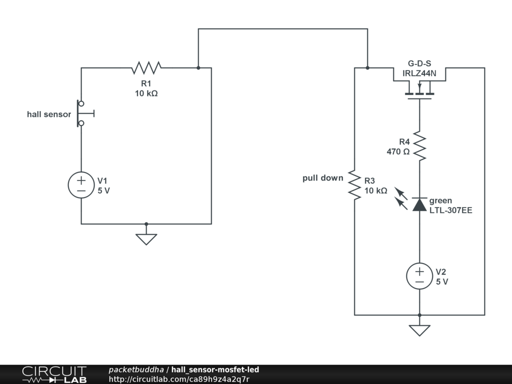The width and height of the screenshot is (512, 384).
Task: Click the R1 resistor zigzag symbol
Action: [x=146, y=67]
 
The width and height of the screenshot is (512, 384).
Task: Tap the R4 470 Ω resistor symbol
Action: [x=419, y=146]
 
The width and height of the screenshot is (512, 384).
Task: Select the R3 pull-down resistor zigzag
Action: [x=354, y=184]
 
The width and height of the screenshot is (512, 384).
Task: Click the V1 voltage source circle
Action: [x=81, y=185]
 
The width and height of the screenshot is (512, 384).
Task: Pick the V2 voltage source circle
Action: [x=419, y=276]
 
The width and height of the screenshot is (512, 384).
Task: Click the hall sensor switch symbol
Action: [x=83, y=113]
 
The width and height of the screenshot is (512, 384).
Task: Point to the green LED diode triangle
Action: [x=419, y=204]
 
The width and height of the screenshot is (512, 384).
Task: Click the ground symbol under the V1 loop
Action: [x=146, y=239]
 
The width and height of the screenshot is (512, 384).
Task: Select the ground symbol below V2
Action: [x=419, y=330]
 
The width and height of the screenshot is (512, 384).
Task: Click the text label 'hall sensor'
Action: [x=49, y=114]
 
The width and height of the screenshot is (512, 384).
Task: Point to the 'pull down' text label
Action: [x=323, y=178]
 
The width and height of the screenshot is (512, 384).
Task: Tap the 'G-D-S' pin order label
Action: [x=419, y=63]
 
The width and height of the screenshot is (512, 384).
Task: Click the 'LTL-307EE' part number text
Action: [x=450, y=210]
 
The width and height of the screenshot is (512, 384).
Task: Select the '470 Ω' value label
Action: [x=398, y=151]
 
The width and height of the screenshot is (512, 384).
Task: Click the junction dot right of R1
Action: [x=198, y=68]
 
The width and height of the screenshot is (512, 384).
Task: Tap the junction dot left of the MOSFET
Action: [x=367, y=68]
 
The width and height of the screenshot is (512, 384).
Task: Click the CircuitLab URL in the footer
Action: [x=179, y=379]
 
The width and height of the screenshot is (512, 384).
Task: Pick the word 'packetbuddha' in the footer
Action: [x=136, y=369]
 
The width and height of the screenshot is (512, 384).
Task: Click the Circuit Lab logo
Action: [x=54, y=374]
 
